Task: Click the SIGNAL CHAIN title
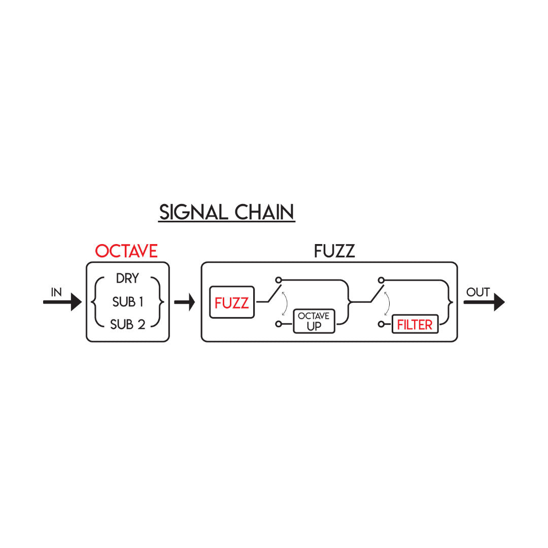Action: pos(226,212)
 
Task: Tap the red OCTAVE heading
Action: pos(126,251)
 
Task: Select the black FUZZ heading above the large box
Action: pos(334,251)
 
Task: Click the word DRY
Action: pos(127,278)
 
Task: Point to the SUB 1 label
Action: pos(127,301)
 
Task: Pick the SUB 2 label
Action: pos(127,324)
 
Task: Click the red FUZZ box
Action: pos(232,302)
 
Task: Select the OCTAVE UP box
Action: pos(314,321)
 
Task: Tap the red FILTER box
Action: pos(415,324)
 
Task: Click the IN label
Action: pos(56,292)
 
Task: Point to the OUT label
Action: pos(478,292)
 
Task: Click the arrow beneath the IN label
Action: pos(62,302)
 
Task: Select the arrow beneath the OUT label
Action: pos(484,302)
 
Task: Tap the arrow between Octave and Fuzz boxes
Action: pos(185,302)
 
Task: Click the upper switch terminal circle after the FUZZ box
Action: pos(279,280)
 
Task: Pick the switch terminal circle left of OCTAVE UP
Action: pos(279,324)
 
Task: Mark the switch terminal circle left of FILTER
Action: pos(381,324)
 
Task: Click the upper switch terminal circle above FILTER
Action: pos(381,280)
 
